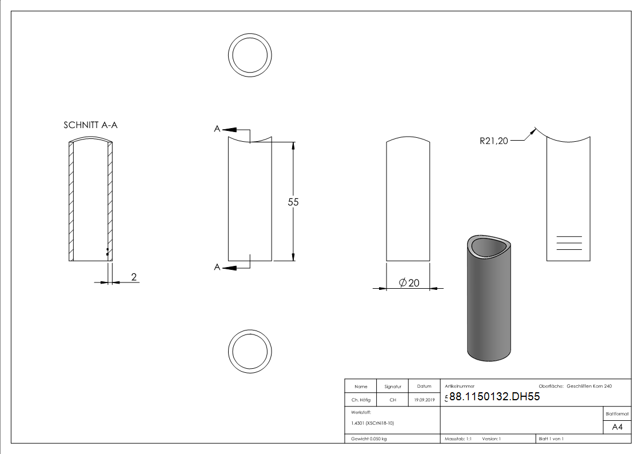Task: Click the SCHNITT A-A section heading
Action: point(90,125)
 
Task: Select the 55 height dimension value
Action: point(293,202)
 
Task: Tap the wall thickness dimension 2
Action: point(134,277)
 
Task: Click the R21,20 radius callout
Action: point(494,141)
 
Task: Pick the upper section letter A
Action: point(217,130)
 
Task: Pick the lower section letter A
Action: point(217,267)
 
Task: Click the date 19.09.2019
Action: point(424,400)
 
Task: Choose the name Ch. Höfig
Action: point(361,400)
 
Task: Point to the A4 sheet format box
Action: point(617,427)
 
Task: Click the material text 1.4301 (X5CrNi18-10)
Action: point(373,423)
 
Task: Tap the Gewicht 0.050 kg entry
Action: point(369,439)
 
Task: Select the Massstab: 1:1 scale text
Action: point(458,439)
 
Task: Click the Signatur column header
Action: point(393,387)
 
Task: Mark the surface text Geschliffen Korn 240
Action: point(589,387)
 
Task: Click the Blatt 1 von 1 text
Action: point(551,439)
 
